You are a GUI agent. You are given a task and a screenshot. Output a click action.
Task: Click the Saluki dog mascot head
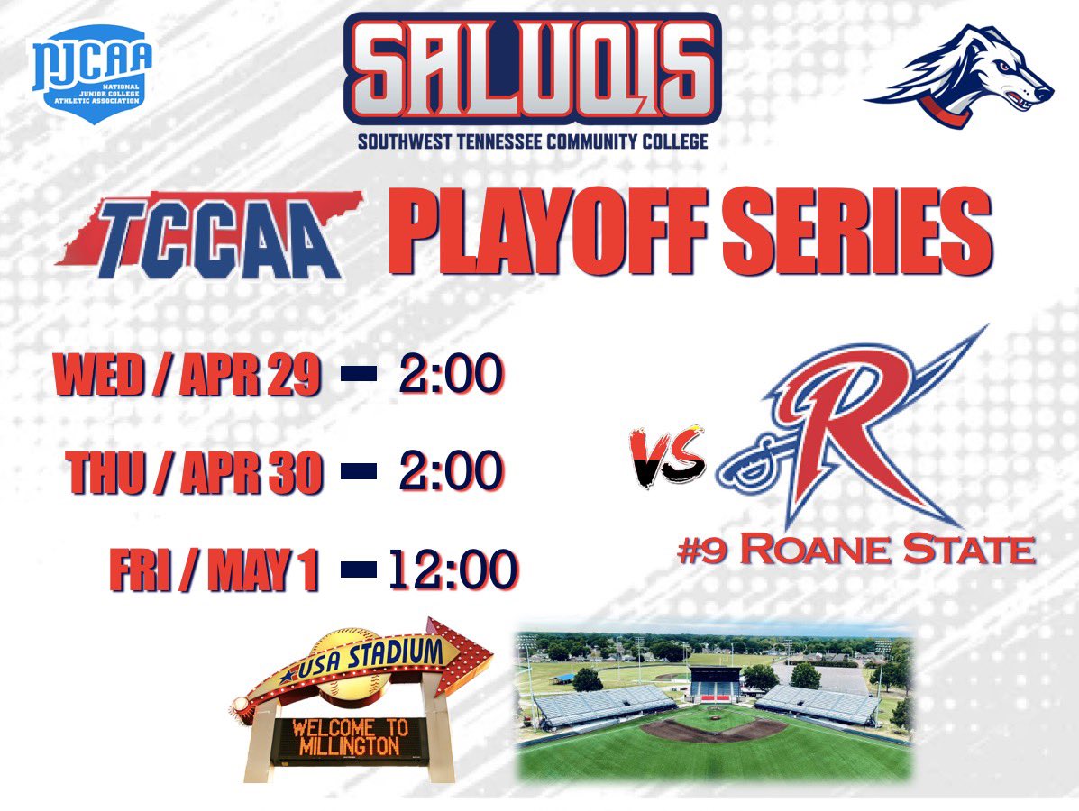click(x=960, y=79)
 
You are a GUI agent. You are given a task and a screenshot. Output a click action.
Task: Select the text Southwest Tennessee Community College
click(x=533, y=141)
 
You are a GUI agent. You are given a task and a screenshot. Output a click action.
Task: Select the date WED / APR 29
click(x=188, y=377)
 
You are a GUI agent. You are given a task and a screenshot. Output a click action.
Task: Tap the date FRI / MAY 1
click(x=215, y=570)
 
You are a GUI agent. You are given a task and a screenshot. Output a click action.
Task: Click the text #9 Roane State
click(x=855, y=551)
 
